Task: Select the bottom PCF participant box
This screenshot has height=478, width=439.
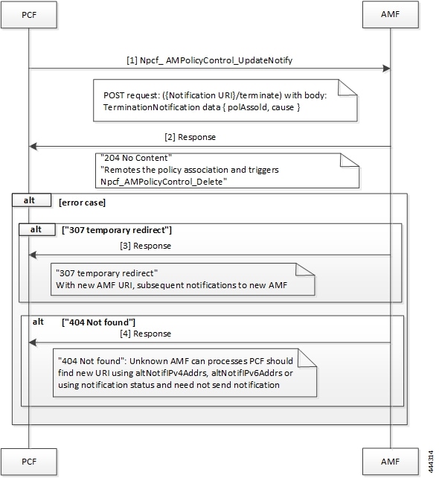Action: coord(28,462)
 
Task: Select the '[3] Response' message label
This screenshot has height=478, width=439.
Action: coord(145,245)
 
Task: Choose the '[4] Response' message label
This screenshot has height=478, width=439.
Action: coord(145,333)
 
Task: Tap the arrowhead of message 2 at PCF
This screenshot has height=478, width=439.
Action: coord(32,147)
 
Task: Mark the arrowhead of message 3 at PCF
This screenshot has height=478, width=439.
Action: coord(32,255)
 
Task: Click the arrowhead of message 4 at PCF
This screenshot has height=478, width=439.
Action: coord(32,342)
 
